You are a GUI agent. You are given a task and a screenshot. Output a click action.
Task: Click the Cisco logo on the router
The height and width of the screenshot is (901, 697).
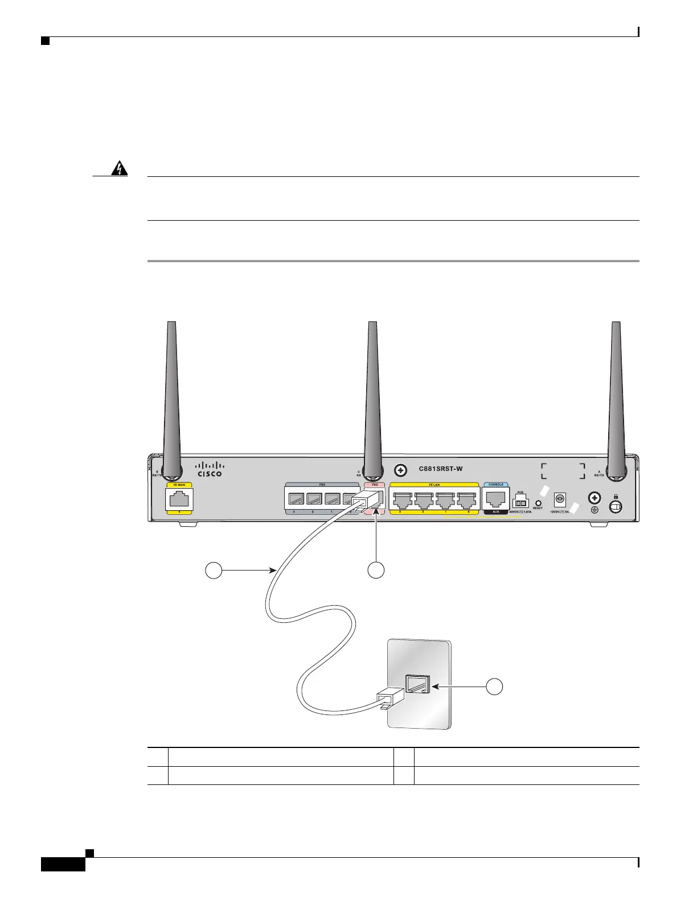[x=210, y=469]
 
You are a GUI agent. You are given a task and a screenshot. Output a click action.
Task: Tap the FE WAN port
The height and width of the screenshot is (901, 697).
[x=179, y=500]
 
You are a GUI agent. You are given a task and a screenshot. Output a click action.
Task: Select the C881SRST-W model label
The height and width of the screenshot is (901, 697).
[x=440, y=469]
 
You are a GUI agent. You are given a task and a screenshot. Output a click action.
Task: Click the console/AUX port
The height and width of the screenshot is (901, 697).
[x=495, y=499]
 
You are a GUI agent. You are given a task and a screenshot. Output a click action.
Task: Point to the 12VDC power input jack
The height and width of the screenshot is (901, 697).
[x=559, y=499]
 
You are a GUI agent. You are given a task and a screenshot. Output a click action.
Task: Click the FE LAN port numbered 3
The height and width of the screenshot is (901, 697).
[x=403, y=500]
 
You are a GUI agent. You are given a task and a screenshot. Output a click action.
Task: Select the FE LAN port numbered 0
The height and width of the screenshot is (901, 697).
[x=466, y=500]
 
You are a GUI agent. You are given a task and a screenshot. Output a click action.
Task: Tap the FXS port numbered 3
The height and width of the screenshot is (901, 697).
[x=296, y=500]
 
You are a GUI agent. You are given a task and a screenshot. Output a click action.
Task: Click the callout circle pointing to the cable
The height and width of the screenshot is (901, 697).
[x=214, y=570]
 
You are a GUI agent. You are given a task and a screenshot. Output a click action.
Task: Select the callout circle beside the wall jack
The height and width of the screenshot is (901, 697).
[x=495, y=687]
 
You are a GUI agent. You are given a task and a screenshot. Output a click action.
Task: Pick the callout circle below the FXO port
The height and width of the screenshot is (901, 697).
[x=376, y=570]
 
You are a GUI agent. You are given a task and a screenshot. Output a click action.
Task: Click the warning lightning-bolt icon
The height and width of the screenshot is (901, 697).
[x=120, y=170]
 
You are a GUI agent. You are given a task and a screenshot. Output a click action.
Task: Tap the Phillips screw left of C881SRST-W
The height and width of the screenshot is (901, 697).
[x=401, y=470]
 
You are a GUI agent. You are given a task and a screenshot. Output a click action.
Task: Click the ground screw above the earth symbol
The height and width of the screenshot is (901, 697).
[x=594, y=498]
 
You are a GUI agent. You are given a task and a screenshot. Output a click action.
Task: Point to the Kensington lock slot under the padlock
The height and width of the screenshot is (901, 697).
[x=616, y=505]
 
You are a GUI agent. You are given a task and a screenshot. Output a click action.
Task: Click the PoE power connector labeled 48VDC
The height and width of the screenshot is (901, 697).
[x=520, y=503]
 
